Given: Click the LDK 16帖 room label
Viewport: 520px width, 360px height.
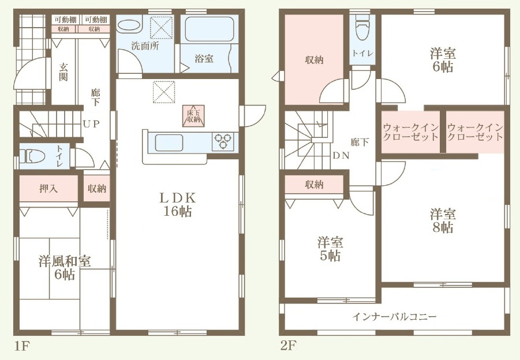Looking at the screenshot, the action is click(x=178, y=205).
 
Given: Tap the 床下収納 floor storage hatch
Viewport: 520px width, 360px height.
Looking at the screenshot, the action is click(x=193, y=116).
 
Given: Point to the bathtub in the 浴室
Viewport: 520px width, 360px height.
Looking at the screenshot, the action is click(x=209, y=29).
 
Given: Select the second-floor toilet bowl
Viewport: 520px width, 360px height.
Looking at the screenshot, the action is click(x=363, y=28).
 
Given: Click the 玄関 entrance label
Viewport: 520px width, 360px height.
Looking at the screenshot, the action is click(x=63, y=72).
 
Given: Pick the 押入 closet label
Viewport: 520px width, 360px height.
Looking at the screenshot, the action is click(x=48, y=189).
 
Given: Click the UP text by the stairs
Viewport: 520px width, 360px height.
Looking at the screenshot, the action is click(x=91, y=124).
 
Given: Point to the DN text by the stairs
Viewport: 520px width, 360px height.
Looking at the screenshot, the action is click(x=341, y=155).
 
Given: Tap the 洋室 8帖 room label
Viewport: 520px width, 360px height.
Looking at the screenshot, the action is click(x=443, y=221).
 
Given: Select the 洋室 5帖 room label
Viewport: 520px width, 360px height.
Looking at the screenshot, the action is click(x=330, y=249).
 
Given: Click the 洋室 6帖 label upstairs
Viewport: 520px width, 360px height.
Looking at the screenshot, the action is click(x=443, y=60).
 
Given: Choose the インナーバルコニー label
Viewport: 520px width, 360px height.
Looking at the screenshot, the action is click(x=394, y=317).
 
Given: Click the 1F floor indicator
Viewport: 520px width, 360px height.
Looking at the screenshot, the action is click(x=22, y=346).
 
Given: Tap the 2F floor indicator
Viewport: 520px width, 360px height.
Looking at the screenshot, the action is click(x=288, y=346).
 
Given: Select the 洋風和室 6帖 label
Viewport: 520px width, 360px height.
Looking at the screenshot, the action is click(x=64, y=268).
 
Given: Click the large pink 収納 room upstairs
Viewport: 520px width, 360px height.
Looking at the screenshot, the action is click(x=314, y=59).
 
